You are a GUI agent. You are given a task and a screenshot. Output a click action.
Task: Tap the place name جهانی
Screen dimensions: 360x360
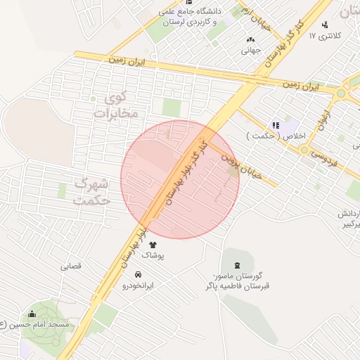(251, 51)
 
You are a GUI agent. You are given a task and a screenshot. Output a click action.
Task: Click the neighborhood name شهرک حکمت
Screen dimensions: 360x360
(91, 191)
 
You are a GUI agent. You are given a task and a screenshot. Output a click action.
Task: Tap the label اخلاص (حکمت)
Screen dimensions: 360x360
(270, 136)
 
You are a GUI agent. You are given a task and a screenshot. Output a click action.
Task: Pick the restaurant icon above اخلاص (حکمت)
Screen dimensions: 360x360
(266, 124)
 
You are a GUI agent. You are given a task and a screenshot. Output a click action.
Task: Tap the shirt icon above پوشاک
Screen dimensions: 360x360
(153, 244)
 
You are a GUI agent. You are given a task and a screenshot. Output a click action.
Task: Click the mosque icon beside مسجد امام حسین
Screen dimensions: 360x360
(31, 314)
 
